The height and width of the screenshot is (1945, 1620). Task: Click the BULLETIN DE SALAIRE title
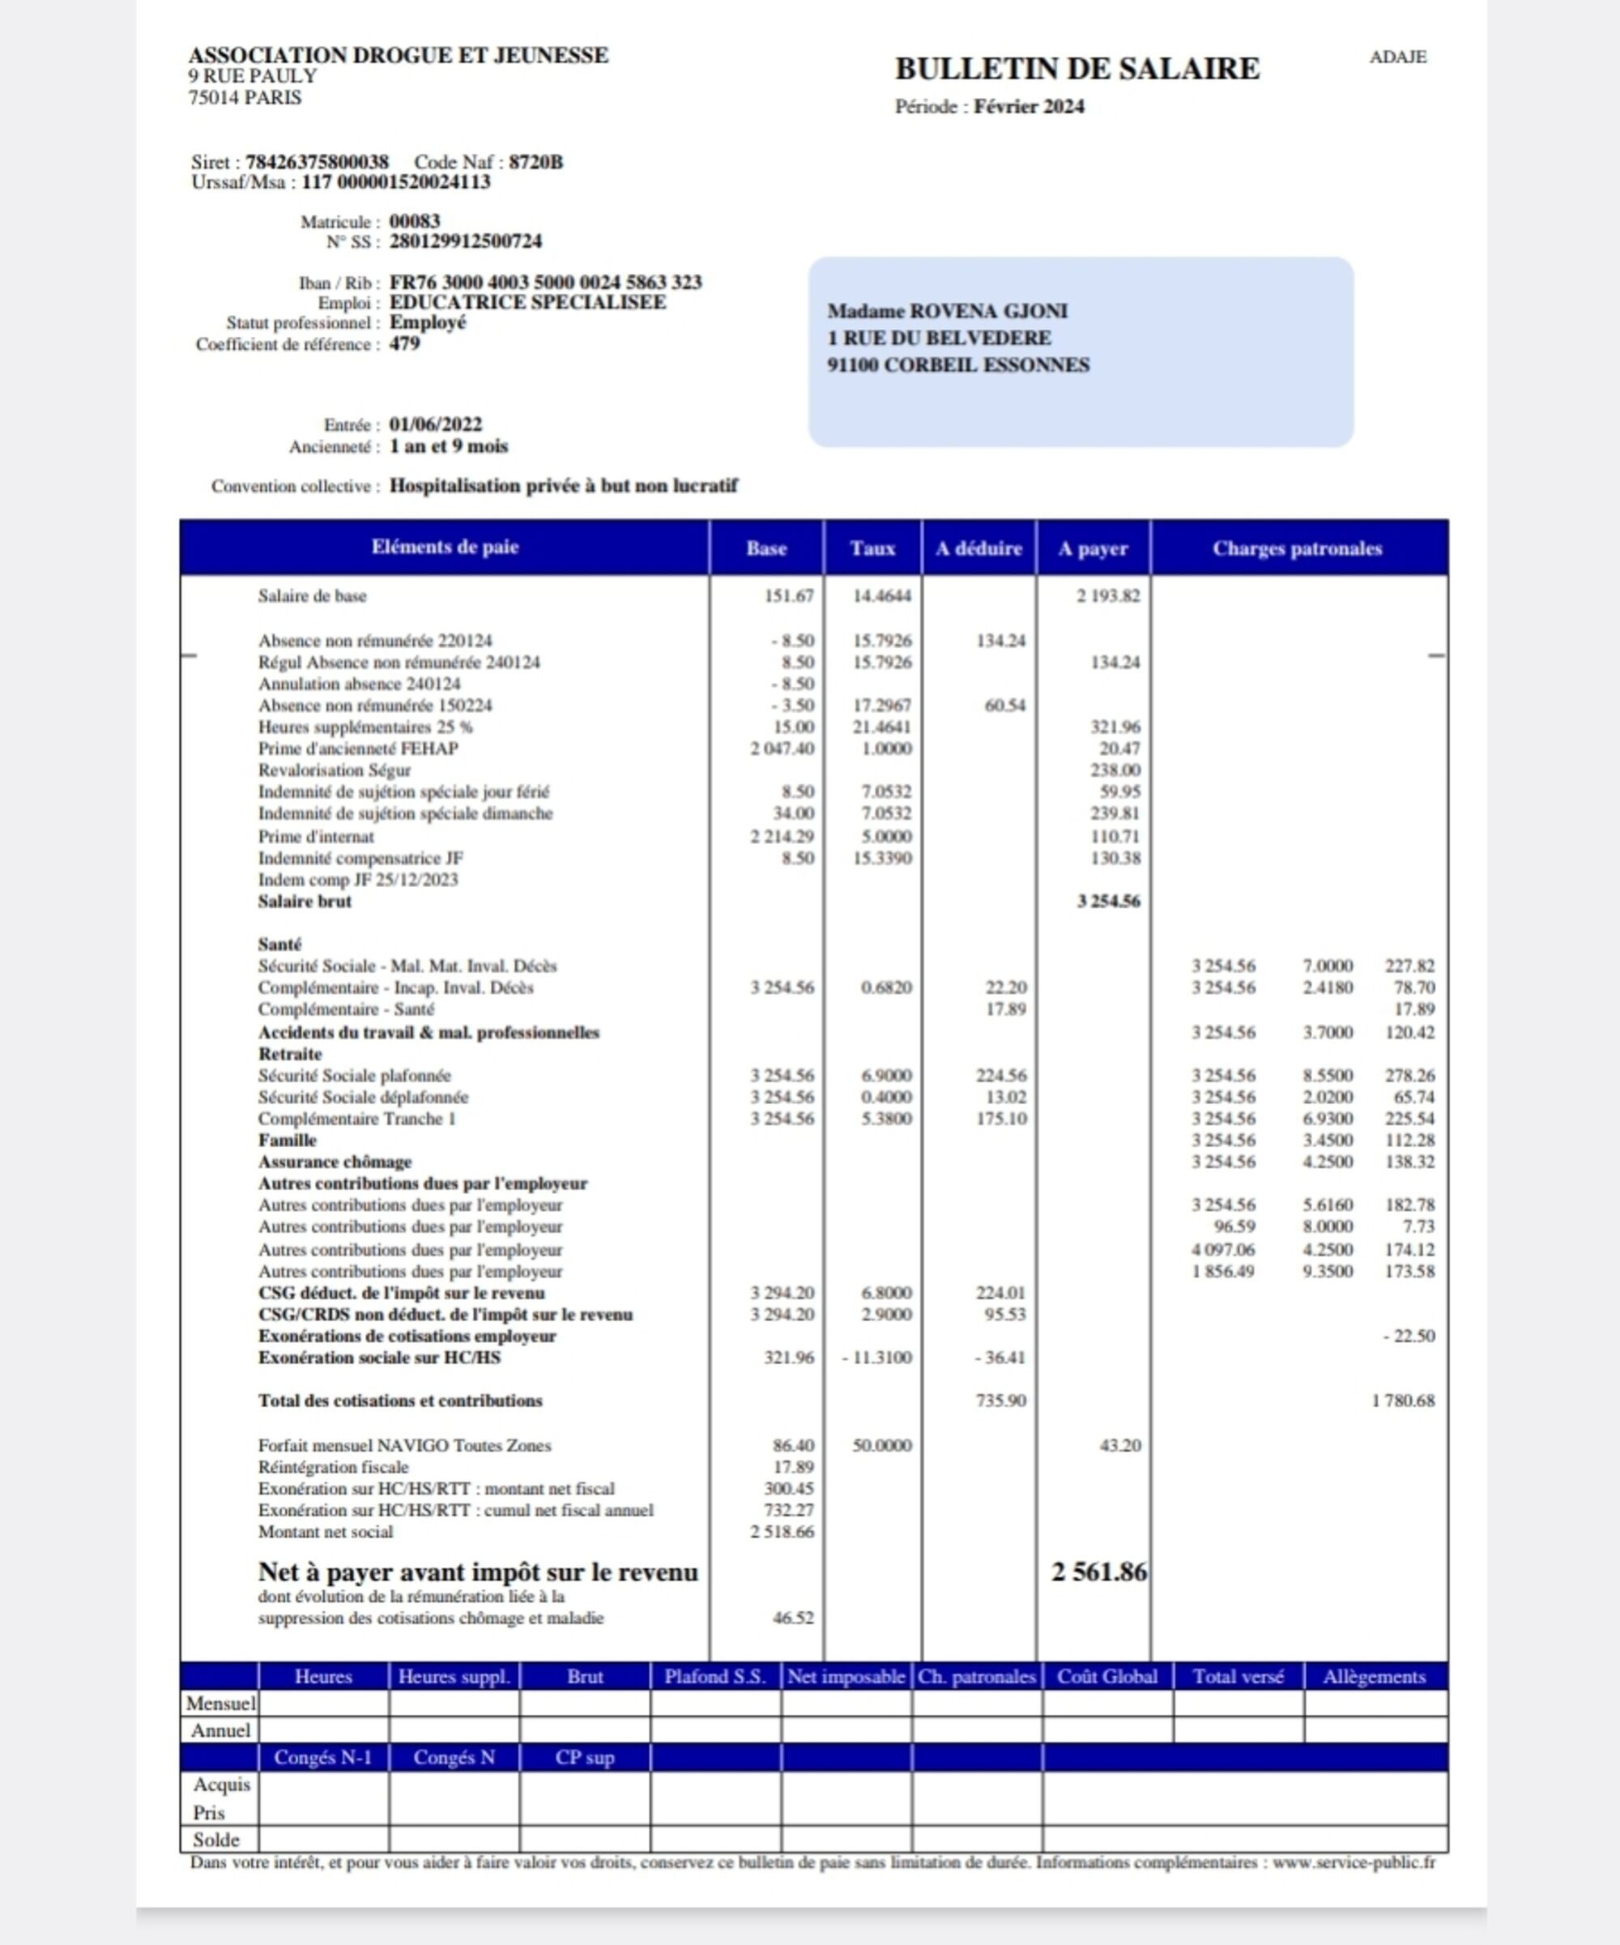pos(1076,69)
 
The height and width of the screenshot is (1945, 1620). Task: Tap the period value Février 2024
pos(1028,106)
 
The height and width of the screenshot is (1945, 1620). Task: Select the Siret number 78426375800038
pos(317,162)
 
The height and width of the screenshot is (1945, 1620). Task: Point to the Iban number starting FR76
pos(546,282)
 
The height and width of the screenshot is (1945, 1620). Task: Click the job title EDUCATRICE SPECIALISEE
pos(527,302)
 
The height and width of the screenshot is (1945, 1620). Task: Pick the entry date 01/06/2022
pos(435,424)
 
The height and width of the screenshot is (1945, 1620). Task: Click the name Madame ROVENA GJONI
pos(947,311)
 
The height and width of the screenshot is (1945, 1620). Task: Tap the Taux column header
pos(872,548)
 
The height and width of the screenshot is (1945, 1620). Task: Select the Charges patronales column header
pos(1297,548)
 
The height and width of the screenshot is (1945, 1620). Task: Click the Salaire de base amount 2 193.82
pos(1108,595)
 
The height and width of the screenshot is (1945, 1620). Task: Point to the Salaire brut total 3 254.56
pos(1108,901)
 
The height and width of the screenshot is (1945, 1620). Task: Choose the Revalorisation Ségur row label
pos(335,770)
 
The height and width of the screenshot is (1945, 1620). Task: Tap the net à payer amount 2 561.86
pos(1098,1572)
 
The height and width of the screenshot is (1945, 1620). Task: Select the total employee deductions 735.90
pos(1000,1401)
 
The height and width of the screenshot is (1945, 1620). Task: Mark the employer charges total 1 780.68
pos(1402,1401)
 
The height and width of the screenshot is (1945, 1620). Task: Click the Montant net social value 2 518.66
pos(782,1532)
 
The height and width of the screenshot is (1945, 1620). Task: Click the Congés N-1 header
pos(323,1757)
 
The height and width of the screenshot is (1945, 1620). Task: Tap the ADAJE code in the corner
pos(1398,58)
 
